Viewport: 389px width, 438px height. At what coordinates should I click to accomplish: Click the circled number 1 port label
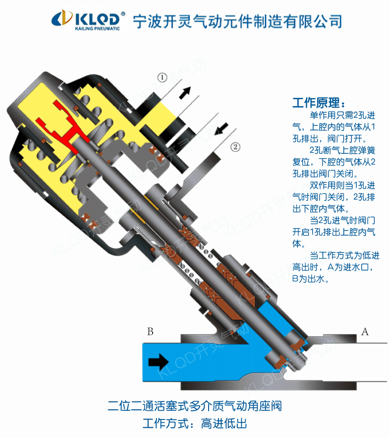161,77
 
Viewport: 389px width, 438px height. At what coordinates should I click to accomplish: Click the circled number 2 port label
234,146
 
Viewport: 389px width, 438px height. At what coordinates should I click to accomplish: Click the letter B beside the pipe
150,332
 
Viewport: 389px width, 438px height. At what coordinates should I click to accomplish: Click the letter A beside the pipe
365,332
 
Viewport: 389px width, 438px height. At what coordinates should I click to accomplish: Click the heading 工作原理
318,104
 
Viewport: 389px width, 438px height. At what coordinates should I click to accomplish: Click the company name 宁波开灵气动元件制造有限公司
237,20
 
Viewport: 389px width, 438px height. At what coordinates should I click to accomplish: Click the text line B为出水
311,279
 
